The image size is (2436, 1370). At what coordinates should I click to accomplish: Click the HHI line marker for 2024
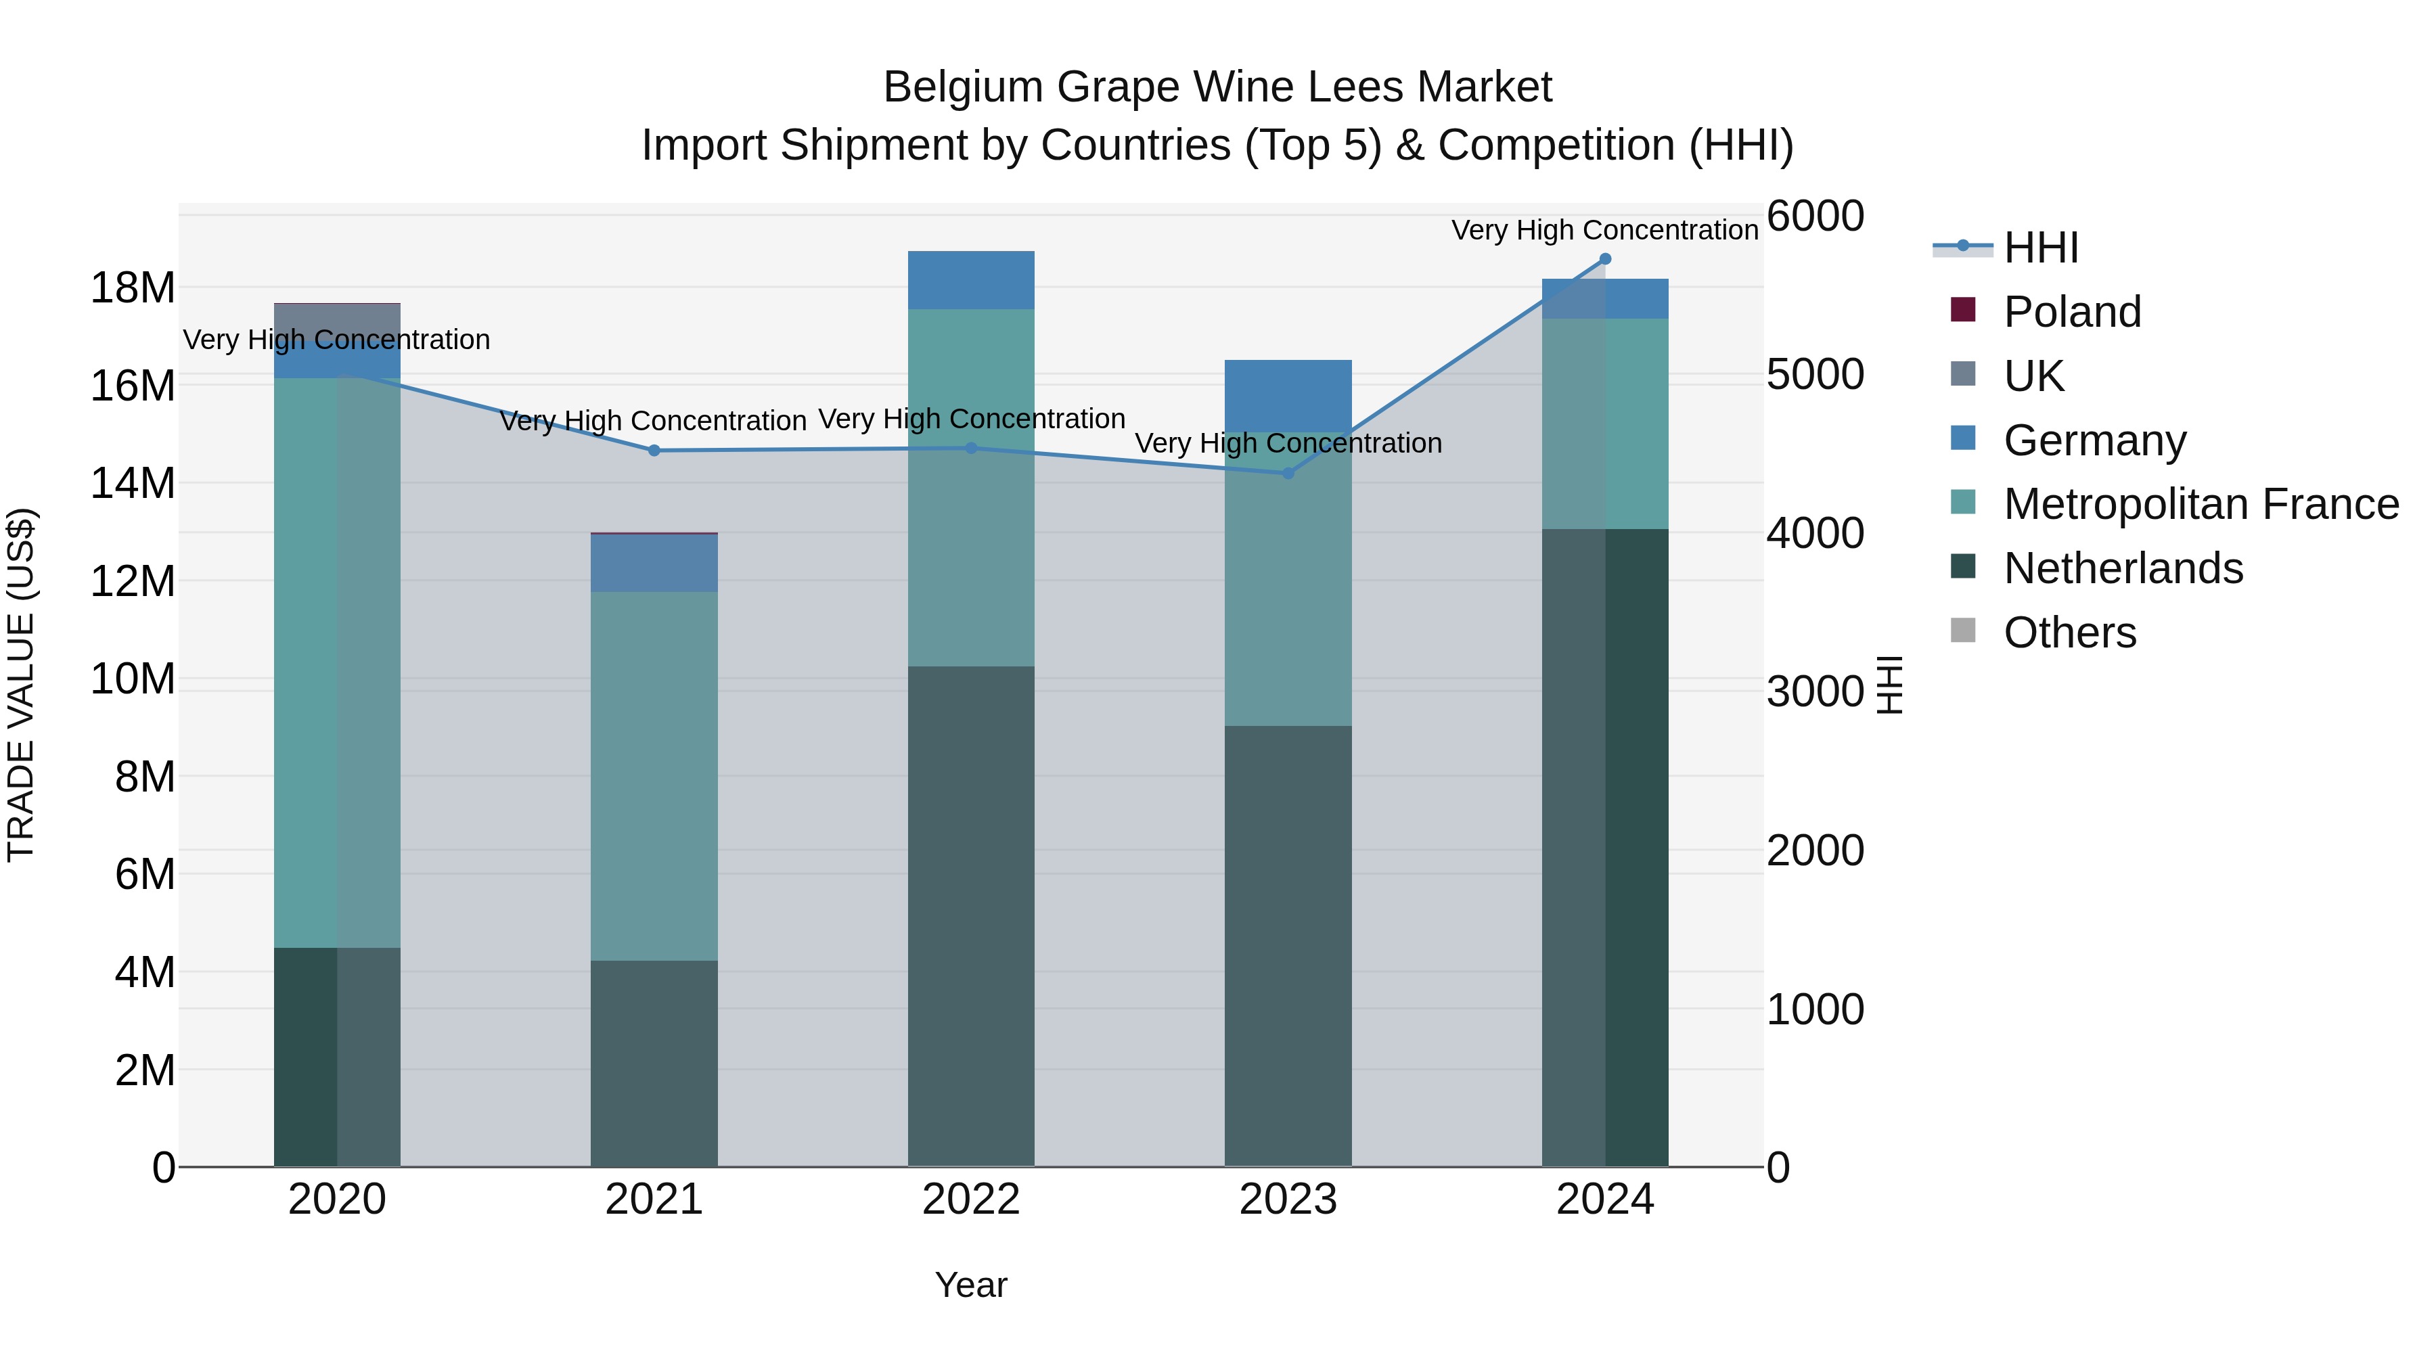[1605, 259]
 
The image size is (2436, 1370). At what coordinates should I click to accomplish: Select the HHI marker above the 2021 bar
[654, 451]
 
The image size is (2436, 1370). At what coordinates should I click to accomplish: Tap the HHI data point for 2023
[1288, 473]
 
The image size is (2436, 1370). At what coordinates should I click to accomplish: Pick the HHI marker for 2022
[971, 448]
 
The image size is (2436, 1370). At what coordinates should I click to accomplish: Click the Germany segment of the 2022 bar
[971, 280]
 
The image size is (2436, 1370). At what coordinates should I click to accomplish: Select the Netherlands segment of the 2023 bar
[1288, 946]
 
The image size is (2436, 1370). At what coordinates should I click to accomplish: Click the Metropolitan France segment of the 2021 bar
[654, 775]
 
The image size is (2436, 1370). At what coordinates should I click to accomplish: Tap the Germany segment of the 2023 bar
[1288, 395]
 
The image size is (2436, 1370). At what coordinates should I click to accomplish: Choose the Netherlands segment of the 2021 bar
[654, 1064]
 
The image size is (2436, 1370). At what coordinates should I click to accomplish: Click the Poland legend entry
[2071, 312]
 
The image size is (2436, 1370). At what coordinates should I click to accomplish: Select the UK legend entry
[2033, 376]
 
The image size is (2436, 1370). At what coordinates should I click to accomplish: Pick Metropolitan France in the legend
[2201, 504]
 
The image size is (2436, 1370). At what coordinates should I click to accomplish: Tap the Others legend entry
[2069, 633]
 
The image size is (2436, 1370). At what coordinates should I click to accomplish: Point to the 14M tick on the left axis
[133, 483]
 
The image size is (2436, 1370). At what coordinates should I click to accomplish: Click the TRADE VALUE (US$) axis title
[21, 685]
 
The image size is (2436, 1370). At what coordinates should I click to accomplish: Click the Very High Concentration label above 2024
[1605, 230]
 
